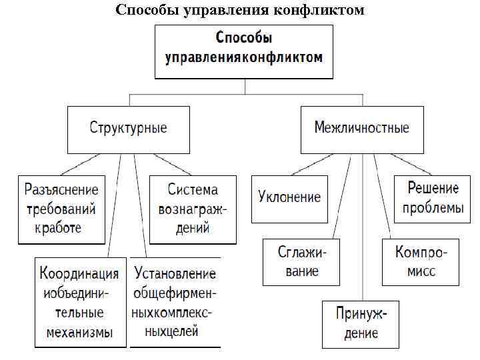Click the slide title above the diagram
(x=240, y=10)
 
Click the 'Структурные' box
(x=128, y=128)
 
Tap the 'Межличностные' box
(x=362, y=128)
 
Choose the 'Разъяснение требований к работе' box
(x=61, y=209)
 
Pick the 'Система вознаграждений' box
(x=193, y=209)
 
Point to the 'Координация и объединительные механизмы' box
(x=80, y=302)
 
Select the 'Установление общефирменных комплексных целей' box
(x=175, y=302)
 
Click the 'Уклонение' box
(x=289, y=198)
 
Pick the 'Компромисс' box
(x=421, y=261)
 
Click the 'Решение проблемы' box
(x=433, y=198)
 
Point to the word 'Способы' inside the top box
(x=243, y=38)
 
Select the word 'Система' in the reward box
(x=193, y=189)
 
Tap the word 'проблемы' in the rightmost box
(x=433, y=208)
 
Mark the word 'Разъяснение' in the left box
(x=61, y=189)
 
